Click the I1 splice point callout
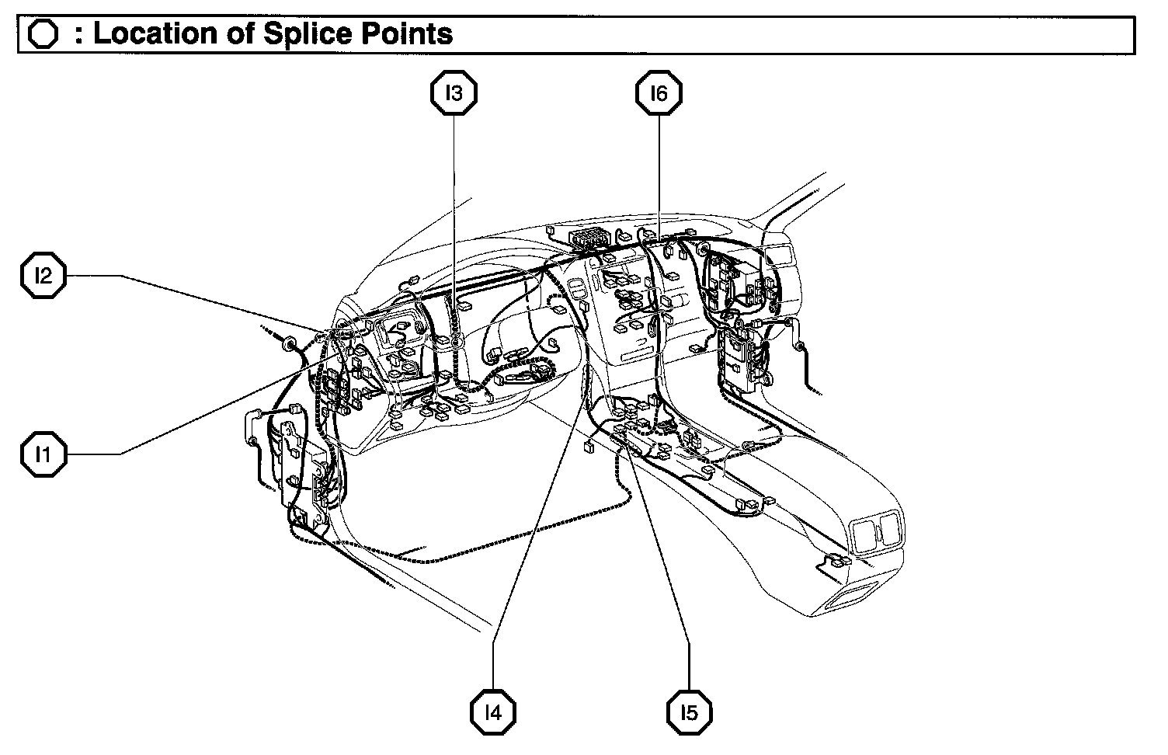click(x=43, y=454)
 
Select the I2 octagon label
click(x=43, y=275)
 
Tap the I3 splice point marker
click(x=454, y=93)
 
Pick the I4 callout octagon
click(x=492, y=712)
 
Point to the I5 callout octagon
click(x=689, y=712)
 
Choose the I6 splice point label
click(x=659, y=93)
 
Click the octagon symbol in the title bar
click(x=43, y=35)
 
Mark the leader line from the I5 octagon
click(x=660, y=559)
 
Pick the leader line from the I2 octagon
click(x=217, y=301)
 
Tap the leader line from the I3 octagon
click(x=454, y=217)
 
